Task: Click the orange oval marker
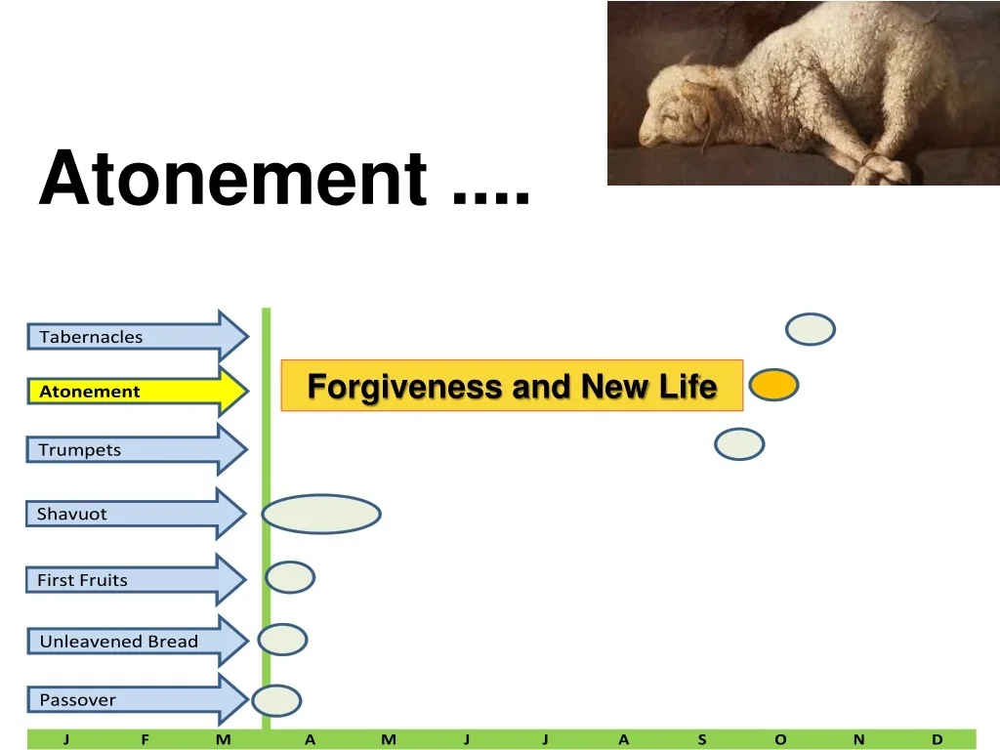pos(773,385)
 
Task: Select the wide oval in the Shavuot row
pos(321,515)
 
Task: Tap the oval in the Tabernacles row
pos(811,330)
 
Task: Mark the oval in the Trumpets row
pos(739,444)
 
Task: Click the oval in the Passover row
pos(277,700)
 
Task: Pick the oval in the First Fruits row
pos(291,578)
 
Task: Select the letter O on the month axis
pos(780,739)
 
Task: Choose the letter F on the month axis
pos(145,739)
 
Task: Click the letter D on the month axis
pos(937,739)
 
